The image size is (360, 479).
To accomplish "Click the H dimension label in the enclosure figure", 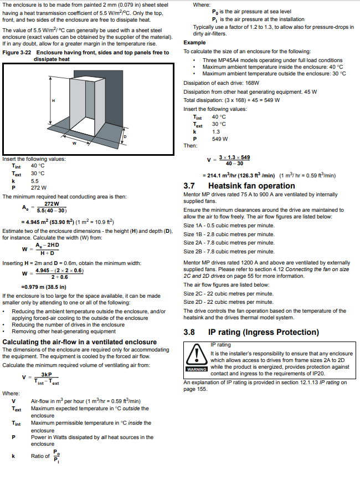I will click(x=54, y=100).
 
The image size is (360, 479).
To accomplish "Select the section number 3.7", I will click(x=191, y=186).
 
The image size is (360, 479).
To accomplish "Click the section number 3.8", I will click(x=191, y=333).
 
